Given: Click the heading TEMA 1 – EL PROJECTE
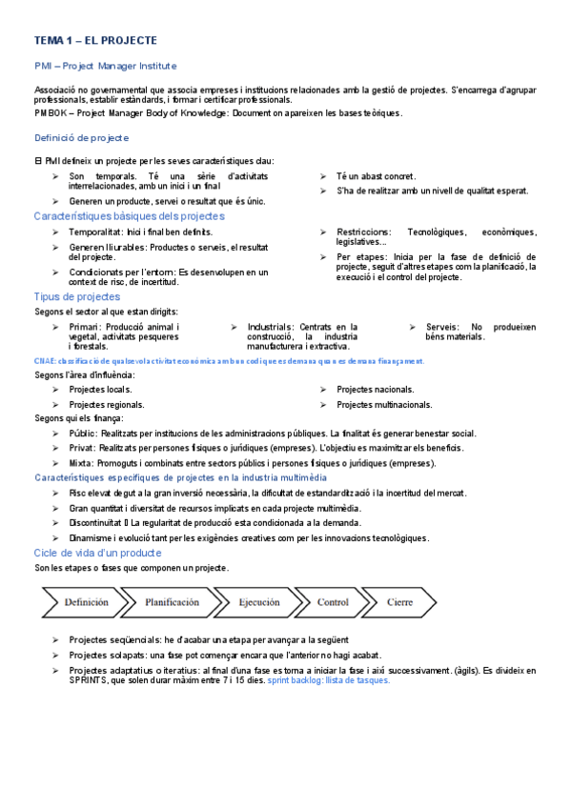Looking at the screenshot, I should click(x=95, y=41).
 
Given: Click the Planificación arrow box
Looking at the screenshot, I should click(x=172, y=602).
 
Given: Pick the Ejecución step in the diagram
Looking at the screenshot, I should click(x=258, y=602).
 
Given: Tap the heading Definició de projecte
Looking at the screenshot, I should click(x=81, y=138).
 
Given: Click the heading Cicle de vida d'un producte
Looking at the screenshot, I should click(x=97, y=553).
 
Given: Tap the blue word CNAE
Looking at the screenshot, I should click(x=45, y=361).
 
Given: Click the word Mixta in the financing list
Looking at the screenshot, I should click(x=83, y=463).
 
